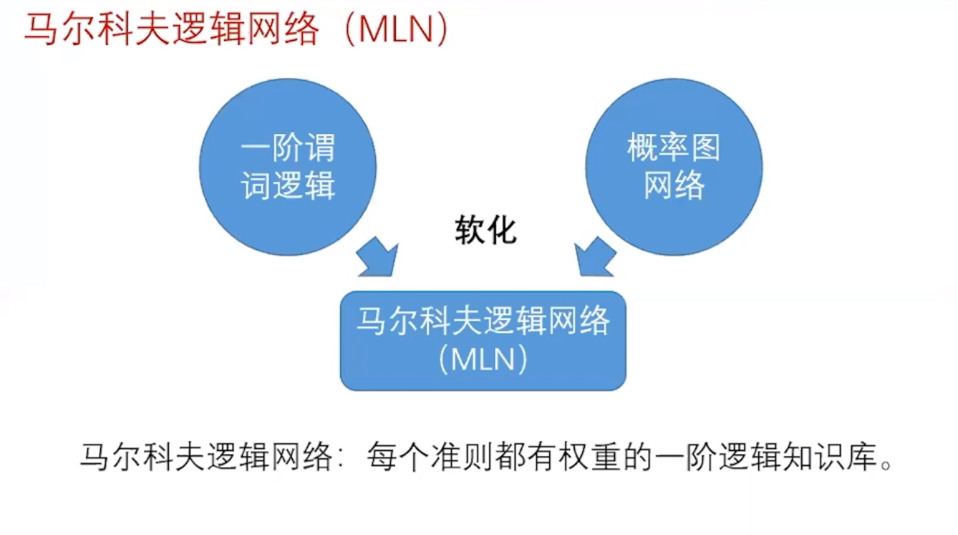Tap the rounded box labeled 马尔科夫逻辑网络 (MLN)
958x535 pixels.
click(483, 340)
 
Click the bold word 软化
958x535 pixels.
click(485, 231)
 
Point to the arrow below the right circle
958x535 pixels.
click(595, 257)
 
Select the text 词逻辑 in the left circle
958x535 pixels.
click(288, 185)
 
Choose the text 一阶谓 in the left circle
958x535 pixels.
click(288, 149)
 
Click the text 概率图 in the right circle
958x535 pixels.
click(674, 148)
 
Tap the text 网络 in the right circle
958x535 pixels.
click(674, 185)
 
